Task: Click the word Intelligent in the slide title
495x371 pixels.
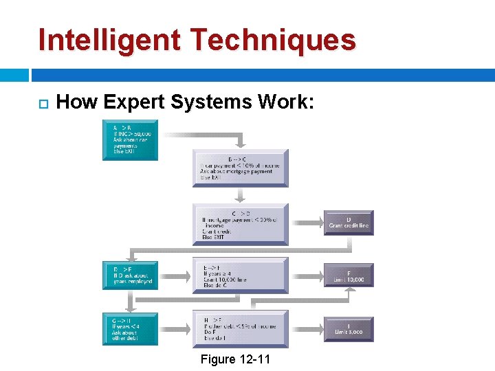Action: tap(111, 40)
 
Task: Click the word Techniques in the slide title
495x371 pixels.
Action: tap(273, 40)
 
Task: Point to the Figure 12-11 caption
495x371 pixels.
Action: tap(235, 359)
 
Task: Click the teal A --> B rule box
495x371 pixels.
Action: tap(130, 140)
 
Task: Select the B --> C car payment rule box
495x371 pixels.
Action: tap(240, 168)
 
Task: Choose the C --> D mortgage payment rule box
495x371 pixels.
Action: tap(240, 224)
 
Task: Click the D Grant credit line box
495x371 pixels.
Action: tap(349, 223)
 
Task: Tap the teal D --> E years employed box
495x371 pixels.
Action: tap(130, 276)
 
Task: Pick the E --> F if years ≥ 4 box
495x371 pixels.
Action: tap(240, 276)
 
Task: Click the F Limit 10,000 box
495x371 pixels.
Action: tap(349, 276)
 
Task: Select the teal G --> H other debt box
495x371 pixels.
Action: tap(130, 328)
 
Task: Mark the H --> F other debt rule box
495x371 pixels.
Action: tap(240, 328)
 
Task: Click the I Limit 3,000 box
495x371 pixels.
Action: tap(349, 328)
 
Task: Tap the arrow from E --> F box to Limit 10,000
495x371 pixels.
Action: tap(307, 276)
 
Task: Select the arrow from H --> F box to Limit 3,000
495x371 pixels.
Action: tap(307, 328)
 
